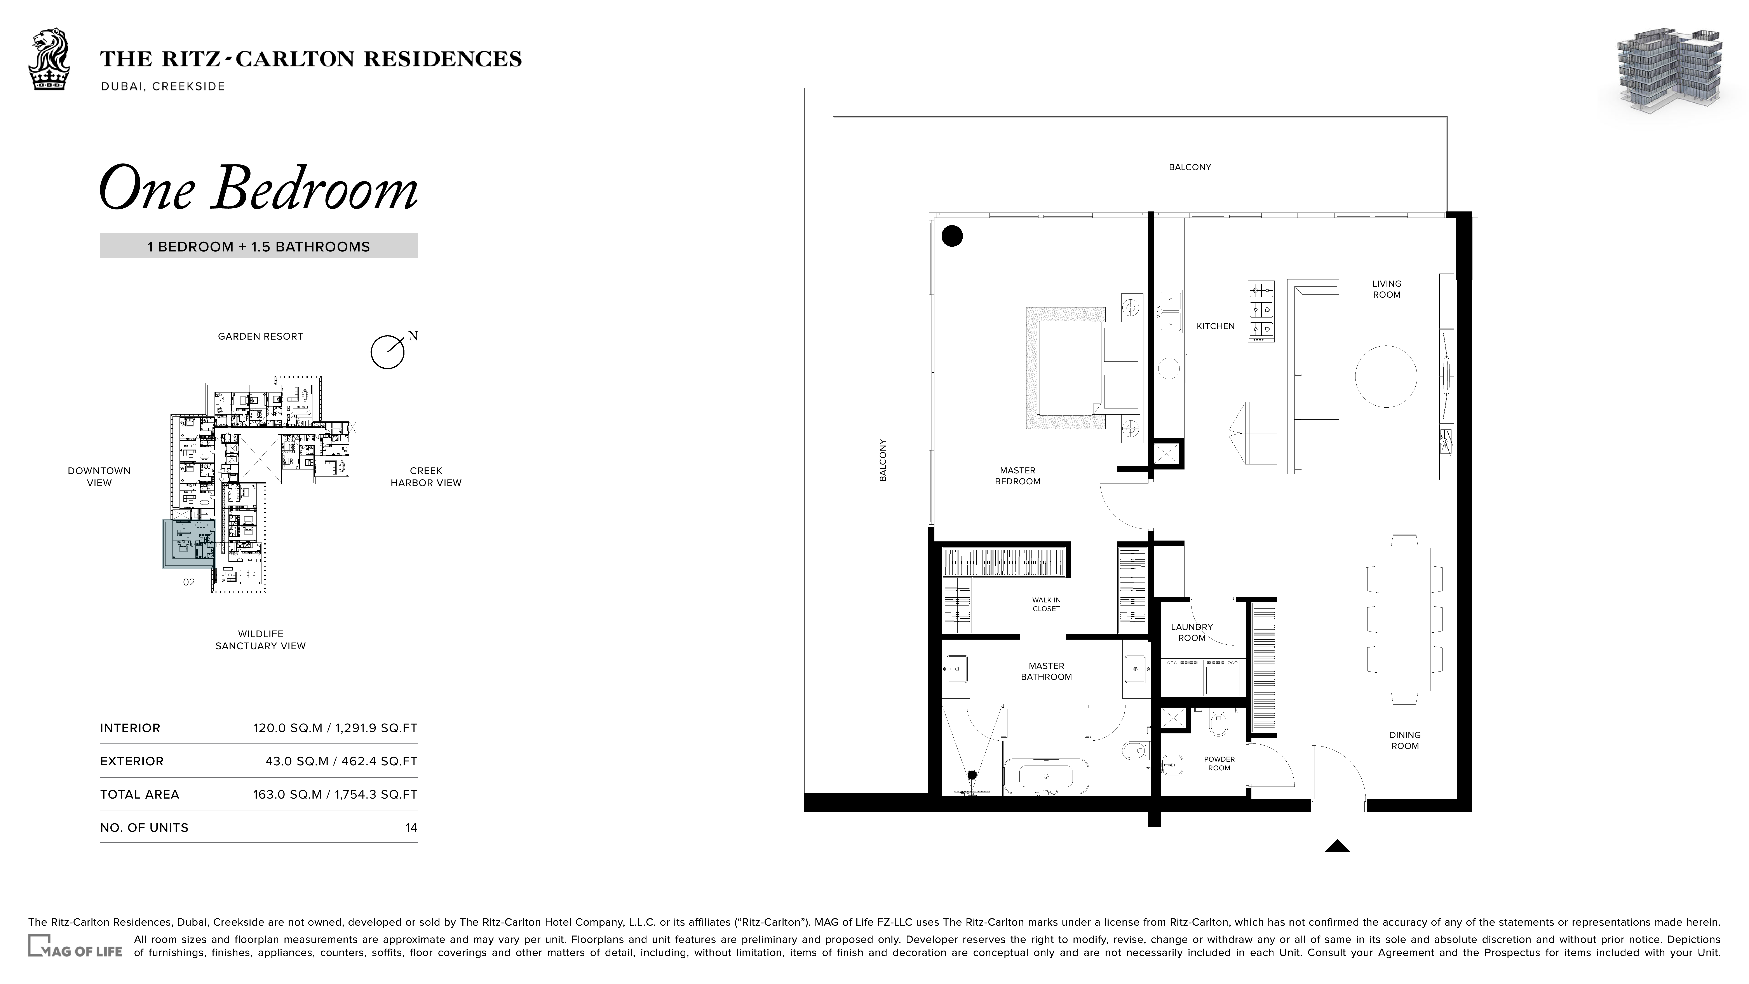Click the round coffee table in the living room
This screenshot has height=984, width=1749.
1386,376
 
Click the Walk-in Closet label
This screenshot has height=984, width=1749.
1046,604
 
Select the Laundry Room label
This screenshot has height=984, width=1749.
1192,632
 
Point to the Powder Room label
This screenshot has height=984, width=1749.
1219,763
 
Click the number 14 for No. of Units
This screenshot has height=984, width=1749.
411,828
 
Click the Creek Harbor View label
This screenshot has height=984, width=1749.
426,477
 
